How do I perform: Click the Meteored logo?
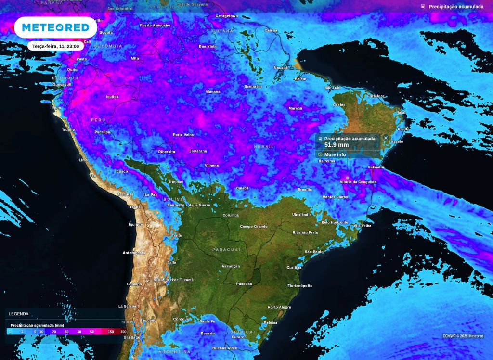tap(55, 27)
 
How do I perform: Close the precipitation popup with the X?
tap(386, 138)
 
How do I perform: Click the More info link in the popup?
tap(335, 154)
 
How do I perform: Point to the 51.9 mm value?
tap(337, 145)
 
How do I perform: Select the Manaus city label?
tap(213, 91)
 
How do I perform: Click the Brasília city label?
tap(305, 189)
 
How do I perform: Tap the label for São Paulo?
tap(314, 252)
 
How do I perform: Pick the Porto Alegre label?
tap(279, 307)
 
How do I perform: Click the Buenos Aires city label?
tap(225, 348)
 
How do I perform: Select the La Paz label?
tap(151, 195)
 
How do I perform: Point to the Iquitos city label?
tap(112, 97)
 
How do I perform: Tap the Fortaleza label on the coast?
tap(375, 96)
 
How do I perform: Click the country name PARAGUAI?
tap(226, 250)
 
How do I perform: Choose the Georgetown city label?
tap(226, 16)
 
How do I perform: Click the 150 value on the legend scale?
tap(111, 332)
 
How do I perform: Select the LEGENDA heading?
tap(19, 314)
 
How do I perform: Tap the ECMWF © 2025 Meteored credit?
tap(463, 336)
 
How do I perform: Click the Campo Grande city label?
tap(253, 226)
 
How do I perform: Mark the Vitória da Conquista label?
tap(355, 182)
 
